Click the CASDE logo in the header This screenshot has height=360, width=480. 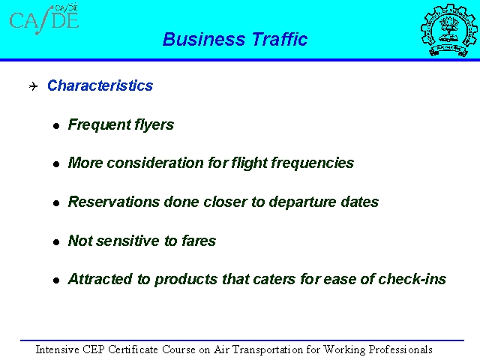tap(44, 19)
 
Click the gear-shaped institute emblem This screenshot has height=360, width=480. tap(449, 30)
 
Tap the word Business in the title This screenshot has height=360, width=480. tap(204, 39)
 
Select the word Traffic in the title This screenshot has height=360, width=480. tap(280, 39)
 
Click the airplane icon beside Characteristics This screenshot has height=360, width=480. tap(33, 86)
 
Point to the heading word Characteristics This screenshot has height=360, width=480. tap(100, 85)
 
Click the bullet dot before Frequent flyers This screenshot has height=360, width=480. tap(56, 126)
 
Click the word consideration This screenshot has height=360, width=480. tap(155, 163)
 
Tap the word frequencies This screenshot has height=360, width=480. tap(312, 163)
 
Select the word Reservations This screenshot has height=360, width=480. tap(113, 202)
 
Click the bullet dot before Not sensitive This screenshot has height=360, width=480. tap(56, 242)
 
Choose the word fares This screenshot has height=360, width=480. tap(199, 241)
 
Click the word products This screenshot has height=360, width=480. tap(186, 280)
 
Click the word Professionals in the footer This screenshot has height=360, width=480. tap(400, 349)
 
